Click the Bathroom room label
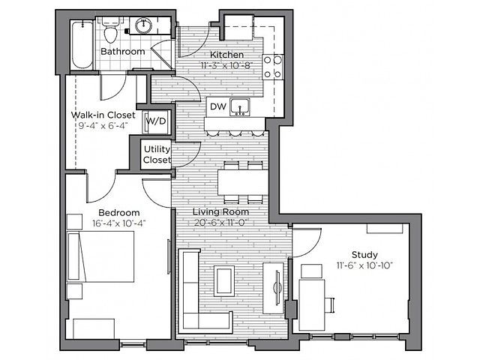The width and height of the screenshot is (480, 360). (x=123, y=52)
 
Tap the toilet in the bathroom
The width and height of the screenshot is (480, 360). (x=110, y=30)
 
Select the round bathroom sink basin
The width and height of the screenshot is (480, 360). (x=143, y=26)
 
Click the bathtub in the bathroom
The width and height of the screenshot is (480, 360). (x=82, y=45)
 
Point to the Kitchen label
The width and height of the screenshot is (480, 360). (x=226, y=55)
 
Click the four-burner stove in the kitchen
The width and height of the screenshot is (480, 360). (x=272, y=67)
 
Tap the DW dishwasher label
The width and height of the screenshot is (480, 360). (x=218, y=106)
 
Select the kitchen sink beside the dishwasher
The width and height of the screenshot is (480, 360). (x=240, y=107)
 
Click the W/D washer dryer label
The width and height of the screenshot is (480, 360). (x=156, y=121)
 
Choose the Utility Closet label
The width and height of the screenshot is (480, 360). (x=157, y=154)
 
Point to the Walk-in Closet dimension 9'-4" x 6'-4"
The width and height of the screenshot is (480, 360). (x=103, y=125)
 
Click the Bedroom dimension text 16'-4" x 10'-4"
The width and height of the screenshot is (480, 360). (x=119, y=223)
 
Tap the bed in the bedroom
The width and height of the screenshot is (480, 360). (x=100, y=256)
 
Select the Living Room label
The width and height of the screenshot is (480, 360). (x=220, y=211)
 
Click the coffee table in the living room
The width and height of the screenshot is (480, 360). (x=224, y=281)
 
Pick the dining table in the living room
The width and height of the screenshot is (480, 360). (x=243, y=182)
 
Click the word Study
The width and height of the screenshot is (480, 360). (x=364, y=255)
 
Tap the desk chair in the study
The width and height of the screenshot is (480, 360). (x=329, y=305)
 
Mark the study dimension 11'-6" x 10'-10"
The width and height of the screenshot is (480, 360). (x=364, y=265)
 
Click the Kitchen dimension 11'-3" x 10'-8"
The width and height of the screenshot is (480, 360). (x=226, y=65)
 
